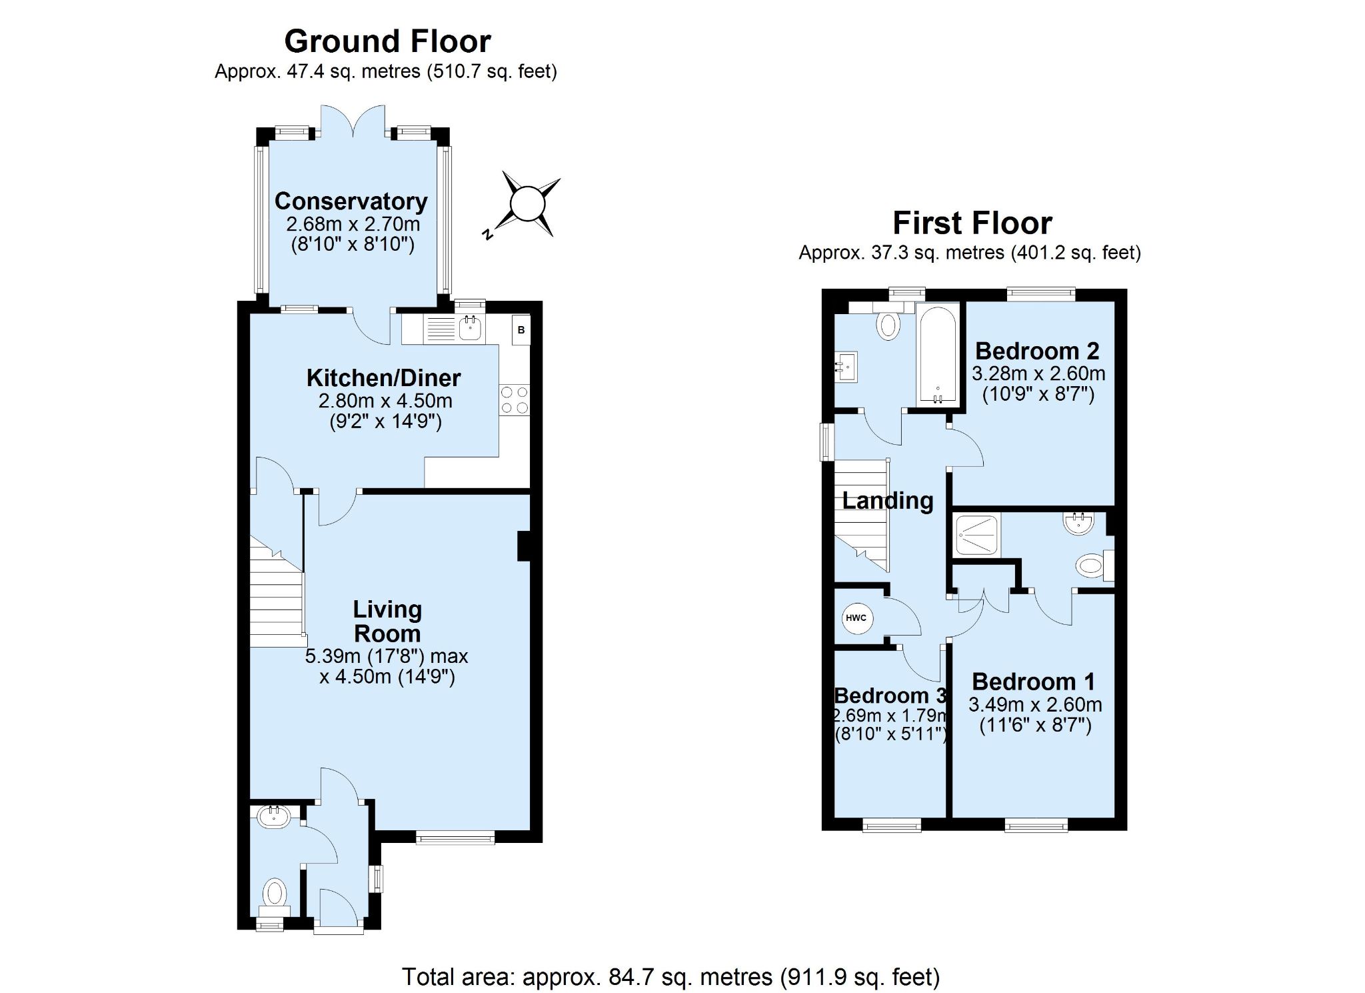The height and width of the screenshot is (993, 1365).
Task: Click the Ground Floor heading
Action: click(x=387, y=42)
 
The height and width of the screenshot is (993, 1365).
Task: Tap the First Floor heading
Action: click(x=972, y=223)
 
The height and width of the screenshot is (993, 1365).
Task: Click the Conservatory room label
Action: click(x=351, y=201)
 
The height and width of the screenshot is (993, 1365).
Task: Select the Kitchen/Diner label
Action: click(x=383, y=377)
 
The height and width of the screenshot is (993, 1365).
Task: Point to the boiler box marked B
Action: click(x=521, y=329)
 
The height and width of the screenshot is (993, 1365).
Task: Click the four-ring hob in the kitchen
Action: click(x=514, y=400)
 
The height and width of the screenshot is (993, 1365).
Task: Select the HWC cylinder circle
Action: click(x=856, y=618)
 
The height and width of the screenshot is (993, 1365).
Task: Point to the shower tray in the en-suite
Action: click(x=977, y=535)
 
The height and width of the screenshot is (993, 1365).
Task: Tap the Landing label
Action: click(x=888, y=500)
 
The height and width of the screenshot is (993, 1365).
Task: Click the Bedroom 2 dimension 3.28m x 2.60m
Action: click(x=1038, y=373)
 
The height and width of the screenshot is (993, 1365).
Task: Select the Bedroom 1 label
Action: click(x=1033, y=682)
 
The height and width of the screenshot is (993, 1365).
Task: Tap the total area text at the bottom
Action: click(x=671, y=977)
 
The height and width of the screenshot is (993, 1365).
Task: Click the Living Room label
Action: click(x=387, y=621)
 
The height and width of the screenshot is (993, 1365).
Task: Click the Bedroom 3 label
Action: click(x=890, y=696)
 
